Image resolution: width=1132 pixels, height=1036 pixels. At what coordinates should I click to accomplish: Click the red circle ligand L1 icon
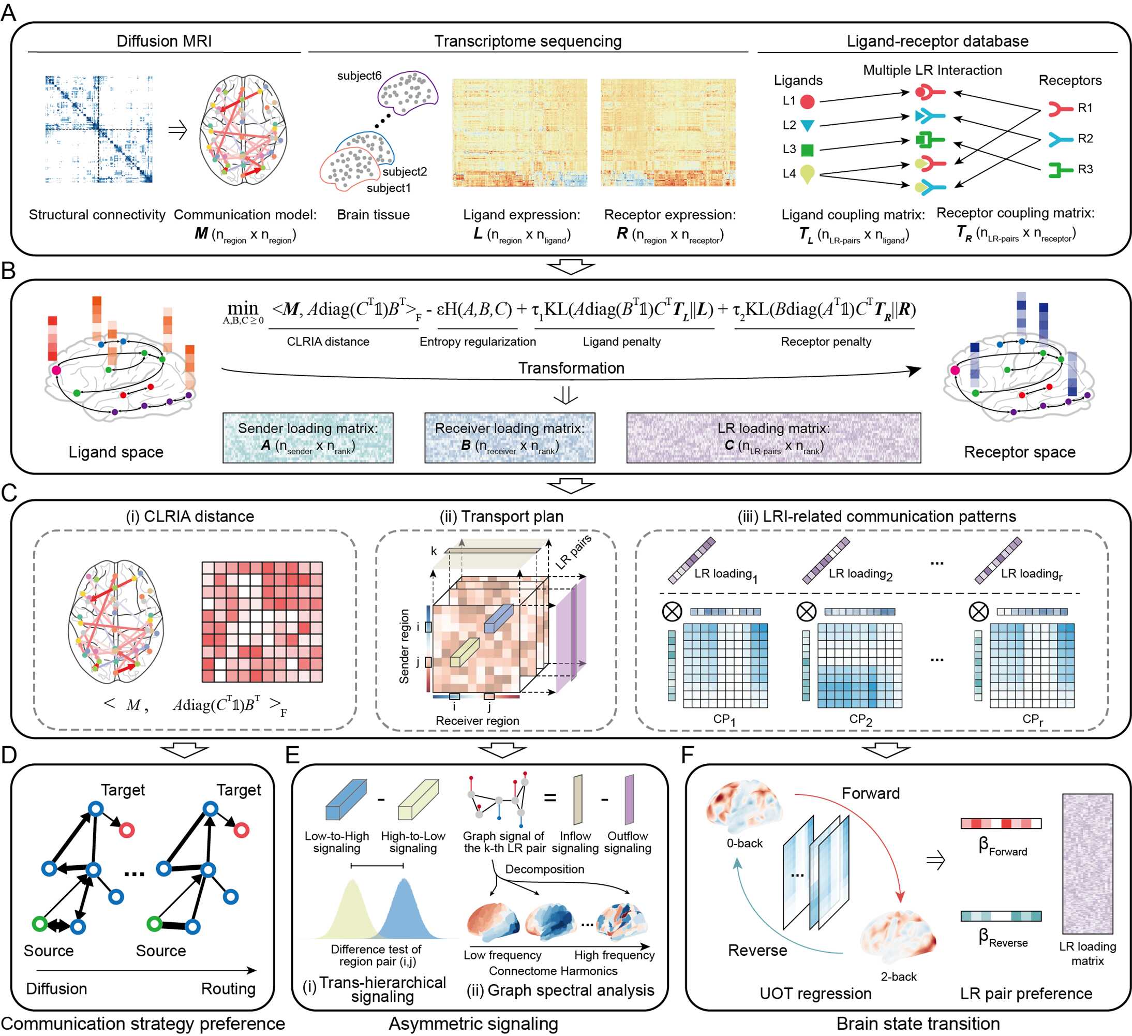[807, 101]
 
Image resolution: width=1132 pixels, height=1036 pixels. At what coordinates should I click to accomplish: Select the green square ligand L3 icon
[807, 150]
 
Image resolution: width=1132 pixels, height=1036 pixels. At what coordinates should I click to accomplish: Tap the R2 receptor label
[1085, 138]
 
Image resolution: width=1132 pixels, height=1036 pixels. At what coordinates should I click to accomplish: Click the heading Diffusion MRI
[164, 41]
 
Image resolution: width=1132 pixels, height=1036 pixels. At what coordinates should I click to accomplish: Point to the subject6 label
[359, 75]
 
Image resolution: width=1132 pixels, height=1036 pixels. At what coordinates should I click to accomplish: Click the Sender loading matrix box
[308, 437]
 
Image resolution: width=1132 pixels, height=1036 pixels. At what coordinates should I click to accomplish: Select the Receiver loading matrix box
[509, 437]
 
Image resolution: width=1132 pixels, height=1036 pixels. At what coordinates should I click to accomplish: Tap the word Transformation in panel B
[571, 368]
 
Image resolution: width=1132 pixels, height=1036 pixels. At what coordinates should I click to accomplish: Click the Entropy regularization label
[478, 342]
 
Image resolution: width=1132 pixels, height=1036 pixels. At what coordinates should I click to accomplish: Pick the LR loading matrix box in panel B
[773, 437]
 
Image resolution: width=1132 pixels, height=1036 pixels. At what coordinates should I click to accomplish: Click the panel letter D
[9, 754]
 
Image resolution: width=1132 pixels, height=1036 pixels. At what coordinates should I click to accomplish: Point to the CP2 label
[860, 719]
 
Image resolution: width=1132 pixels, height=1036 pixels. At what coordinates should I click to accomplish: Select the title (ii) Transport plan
[501, 516]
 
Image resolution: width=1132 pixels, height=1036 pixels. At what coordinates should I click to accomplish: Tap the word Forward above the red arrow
[870, 793]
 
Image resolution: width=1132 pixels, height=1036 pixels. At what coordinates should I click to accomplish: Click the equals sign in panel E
[550, 797]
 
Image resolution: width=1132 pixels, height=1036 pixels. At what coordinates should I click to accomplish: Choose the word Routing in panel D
[228, 988]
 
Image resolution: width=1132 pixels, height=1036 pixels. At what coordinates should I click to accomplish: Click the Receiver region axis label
[478, 720]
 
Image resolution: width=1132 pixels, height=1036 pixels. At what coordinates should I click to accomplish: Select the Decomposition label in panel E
[544, 869]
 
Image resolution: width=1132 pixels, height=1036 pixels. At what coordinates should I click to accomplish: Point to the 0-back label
[744, 843]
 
